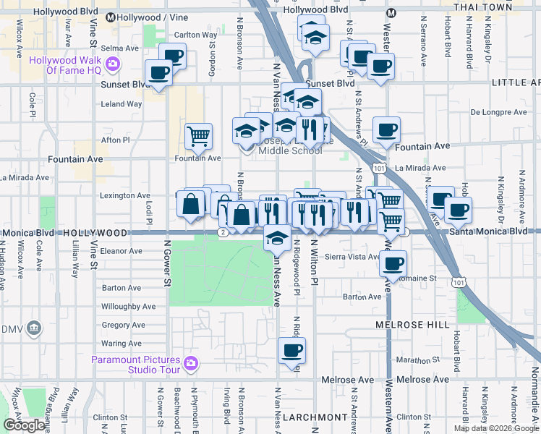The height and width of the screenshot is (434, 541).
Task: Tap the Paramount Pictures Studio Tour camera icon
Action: click(191, 363)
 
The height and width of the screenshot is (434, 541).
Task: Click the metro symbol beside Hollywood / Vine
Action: click(111, 17)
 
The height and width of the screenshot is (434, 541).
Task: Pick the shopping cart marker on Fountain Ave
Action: click(198, 135)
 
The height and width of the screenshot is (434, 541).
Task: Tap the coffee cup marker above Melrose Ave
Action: click(291, 352)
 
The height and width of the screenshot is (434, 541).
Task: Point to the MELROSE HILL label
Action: click(412, 325)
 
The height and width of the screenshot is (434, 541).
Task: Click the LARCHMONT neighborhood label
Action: click(315, 417)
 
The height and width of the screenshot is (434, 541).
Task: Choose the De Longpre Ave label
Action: click(495, 112)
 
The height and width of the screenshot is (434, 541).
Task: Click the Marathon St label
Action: click(419, 359)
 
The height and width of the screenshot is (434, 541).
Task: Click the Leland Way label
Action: click(122, 104)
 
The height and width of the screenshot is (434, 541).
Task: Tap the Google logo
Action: click(24, 425)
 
